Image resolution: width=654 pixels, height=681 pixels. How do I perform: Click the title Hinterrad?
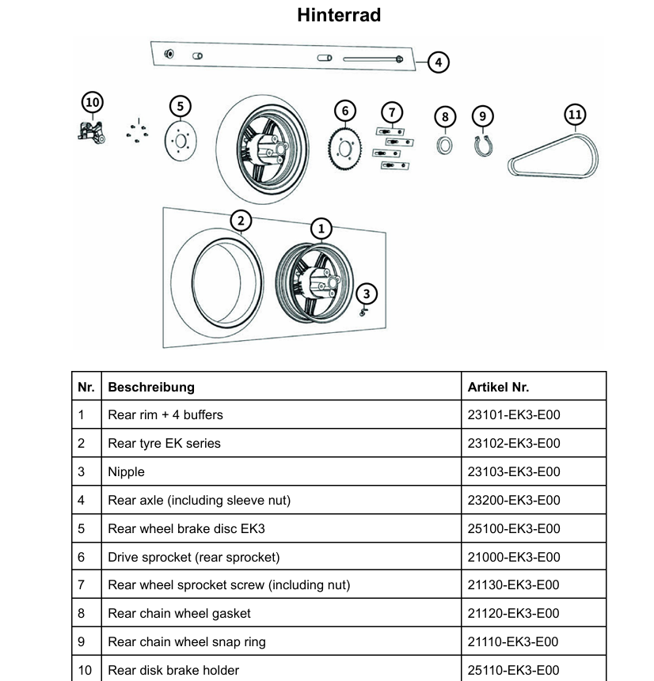339,15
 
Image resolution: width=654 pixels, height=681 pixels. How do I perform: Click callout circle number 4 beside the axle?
438,62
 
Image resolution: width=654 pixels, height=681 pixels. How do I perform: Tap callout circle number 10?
93,102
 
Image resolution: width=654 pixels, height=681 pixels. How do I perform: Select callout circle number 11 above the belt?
575,115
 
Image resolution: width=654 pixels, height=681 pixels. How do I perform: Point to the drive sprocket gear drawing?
345,149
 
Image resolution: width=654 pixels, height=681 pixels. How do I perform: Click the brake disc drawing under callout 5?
180,142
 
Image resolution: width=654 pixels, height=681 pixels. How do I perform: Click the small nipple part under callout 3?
363,311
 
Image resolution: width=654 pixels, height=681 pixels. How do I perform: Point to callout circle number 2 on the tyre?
239,221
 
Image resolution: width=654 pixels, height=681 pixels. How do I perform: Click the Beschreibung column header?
151,387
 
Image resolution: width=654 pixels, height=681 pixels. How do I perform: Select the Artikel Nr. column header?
498,387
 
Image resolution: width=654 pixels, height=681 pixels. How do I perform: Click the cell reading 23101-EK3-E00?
514,414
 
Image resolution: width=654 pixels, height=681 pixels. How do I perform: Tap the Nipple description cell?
127,471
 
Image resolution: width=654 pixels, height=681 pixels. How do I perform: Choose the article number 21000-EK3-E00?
514,557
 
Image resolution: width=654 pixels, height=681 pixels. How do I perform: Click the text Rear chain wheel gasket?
180,613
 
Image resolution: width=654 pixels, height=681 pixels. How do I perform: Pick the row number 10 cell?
85,670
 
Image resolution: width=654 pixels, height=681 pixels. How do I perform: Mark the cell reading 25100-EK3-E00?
514,528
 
